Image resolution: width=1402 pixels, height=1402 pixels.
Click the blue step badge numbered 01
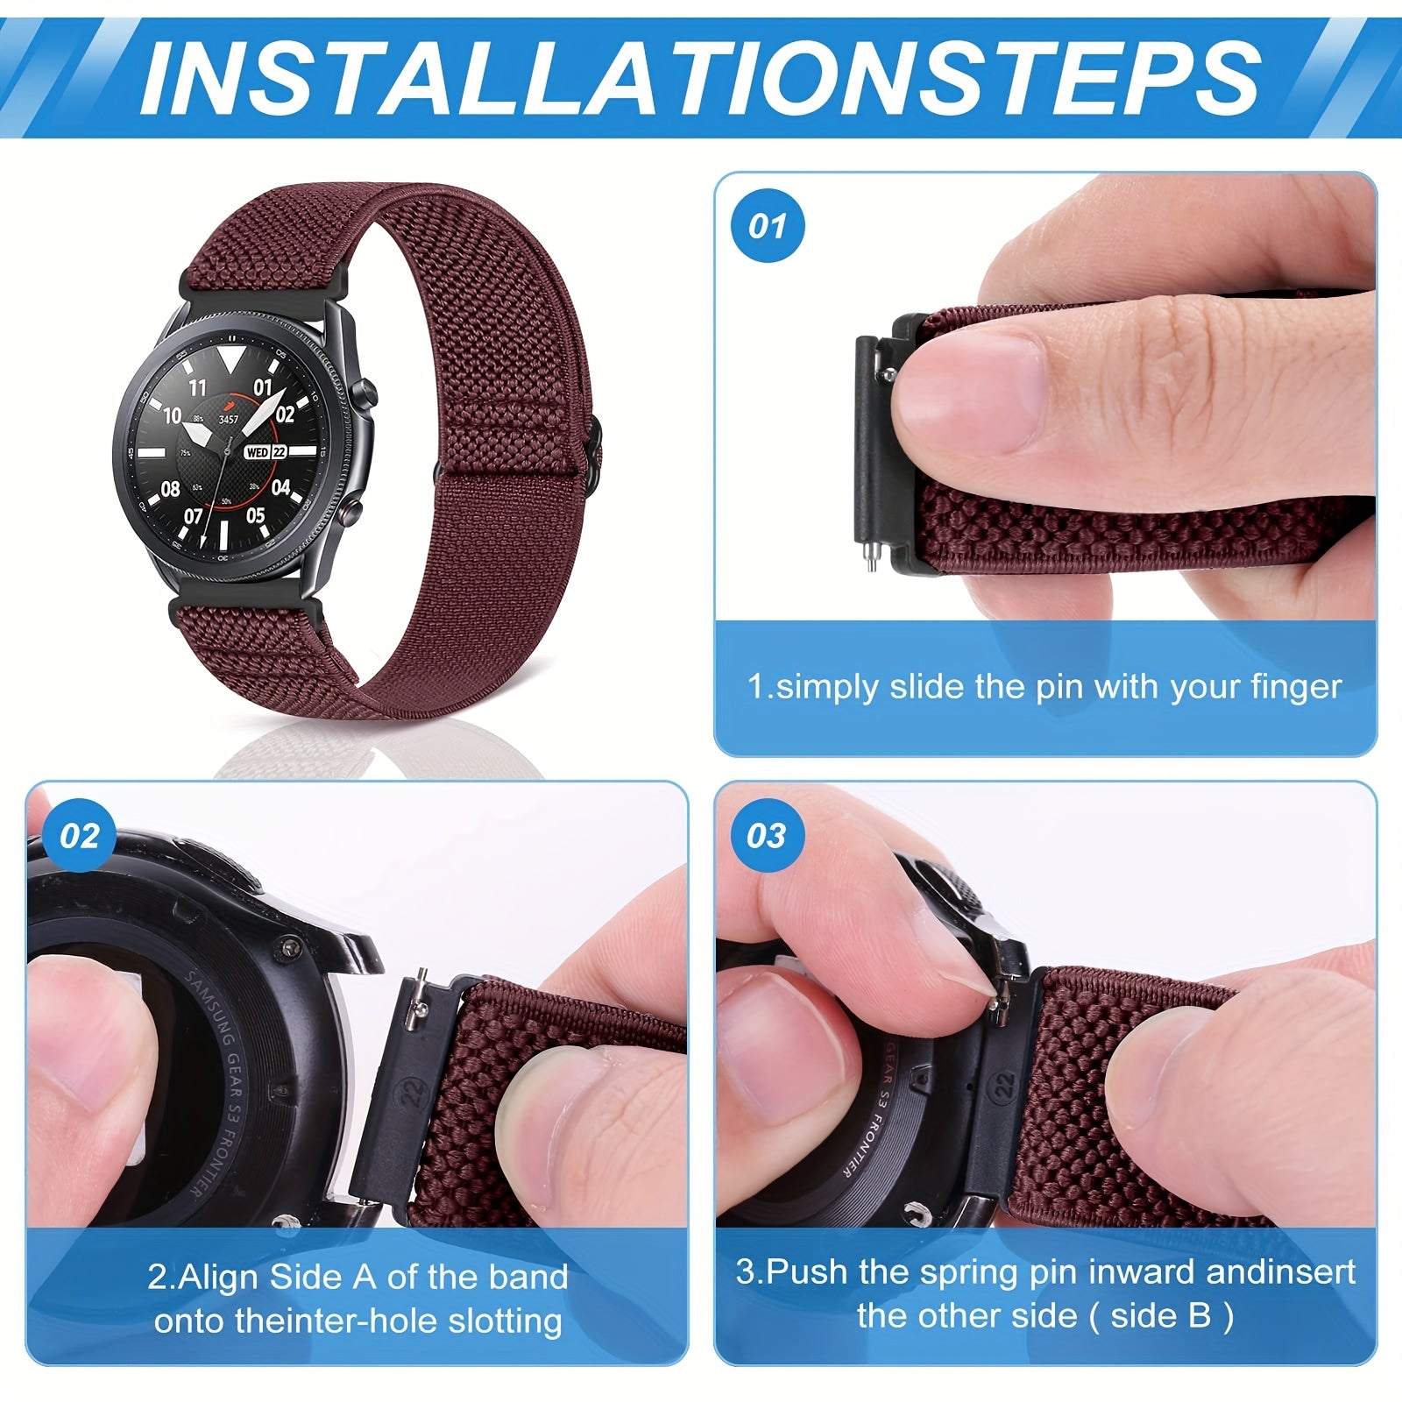768,226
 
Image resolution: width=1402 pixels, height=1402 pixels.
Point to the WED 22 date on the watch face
266,452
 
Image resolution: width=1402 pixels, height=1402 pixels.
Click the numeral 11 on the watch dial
198,387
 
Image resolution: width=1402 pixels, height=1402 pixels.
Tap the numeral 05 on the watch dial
255,515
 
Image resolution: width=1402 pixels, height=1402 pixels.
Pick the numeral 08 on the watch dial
171,489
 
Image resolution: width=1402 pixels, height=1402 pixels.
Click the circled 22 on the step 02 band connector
413,1091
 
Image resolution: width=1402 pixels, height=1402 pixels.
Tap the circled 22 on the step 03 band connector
1004,1084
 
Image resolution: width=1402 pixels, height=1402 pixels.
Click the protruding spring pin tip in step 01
871,558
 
